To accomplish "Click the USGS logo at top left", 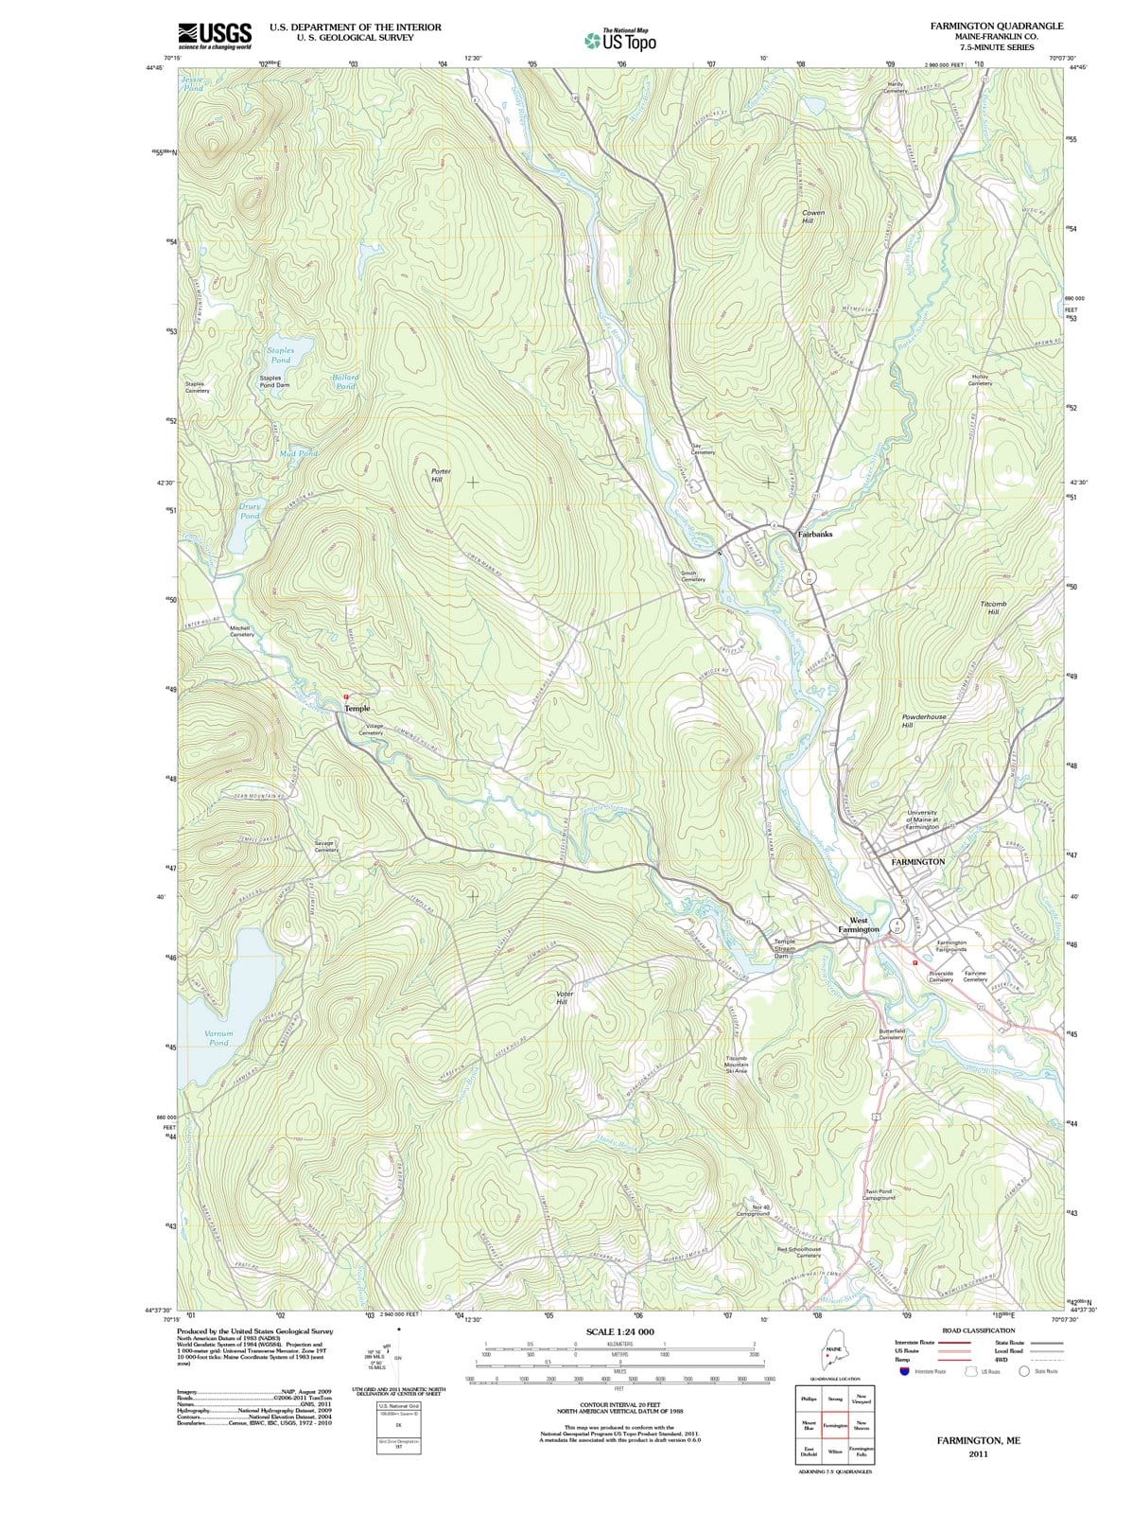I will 215,34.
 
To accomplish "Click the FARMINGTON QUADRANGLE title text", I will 996,26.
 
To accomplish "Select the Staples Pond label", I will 281,355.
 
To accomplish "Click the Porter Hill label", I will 441,475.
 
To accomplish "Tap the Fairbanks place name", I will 815,535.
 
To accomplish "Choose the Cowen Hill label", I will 813,217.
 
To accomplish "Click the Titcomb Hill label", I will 994,607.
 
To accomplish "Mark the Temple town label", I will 357,708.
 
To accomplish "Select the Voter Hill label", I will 565,997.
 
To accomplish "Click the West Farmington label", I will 859,924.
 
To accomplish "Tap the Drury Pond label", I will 250,511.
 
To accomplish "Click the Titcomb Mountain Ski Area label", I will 737,1065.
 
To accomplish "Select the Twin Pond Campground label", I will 879,1194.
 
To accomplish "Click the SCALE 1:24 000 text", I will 619,1331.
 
